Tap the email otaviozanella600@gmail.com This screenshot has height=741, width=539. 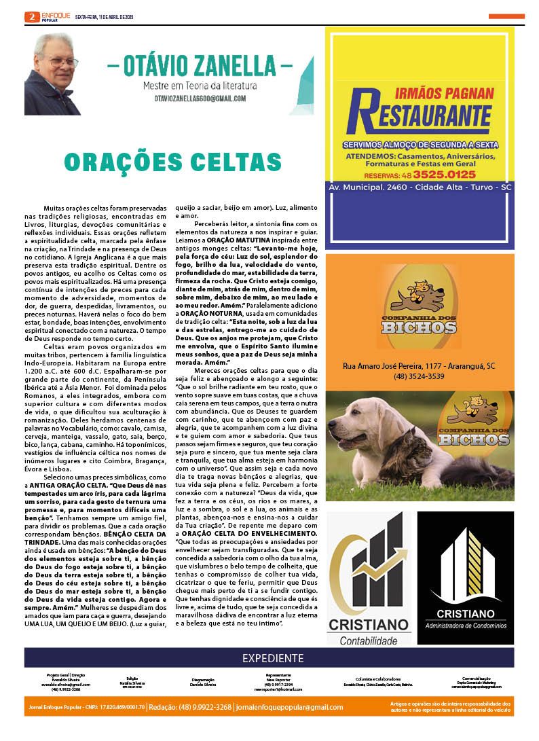click(x=200, y=98)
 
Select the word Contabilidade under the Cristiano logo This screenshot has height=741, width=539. click(x=369, y=640)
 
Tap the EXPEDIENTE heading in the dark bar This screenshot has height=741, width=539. click(x=269, y=657)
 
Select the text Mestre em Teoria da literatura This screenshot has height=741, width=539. click(x=200, y=86)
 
